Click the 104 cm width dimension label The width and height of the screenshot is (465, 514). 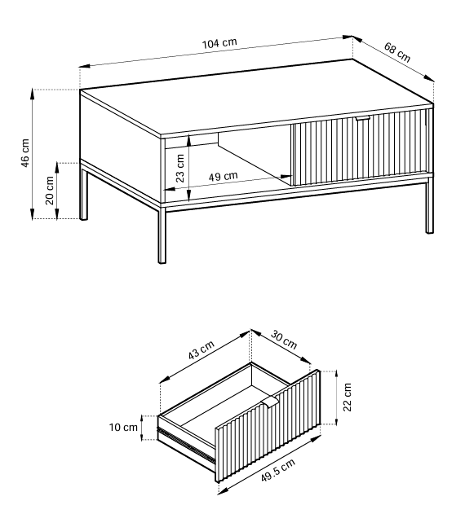[219, 43]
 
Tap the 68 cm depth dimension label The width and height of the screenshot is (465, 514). [397, 52]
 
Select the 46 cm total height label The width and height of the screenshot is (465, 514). [25, 153]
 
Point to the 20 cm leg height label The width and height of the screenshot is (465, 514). [50, 190]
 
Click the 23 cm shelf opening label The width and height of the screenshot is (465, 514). [180, 168]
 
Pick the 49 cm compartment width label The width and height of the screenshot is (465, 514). [224, 177]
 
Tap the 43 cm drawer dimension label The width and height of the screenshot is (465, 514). [201, 350]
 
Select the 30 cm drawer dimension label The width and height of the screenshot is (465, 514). [284, 340]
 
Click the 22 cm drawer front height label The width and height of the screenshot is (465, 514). [347, 397]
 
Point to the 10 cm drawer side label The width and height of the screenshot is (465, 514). [123, 428]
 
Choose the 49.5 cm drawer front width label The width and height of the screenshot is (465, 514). [278, 470]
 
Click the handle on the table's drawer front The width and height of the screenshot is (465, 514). [363, 119]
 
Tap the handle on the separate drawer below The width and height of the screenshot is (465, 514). [269, 402]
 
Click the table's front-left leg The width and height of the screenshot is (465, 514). [162, 235]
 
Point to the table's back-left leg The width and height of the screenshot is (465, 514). [84, 192]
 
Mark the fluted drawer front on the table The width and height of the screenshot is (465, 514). [362, 147]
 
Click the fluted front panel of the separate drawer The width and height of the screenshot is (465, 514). [268, 426]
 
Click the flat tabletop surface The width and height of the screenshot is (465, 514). [256, 98]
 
